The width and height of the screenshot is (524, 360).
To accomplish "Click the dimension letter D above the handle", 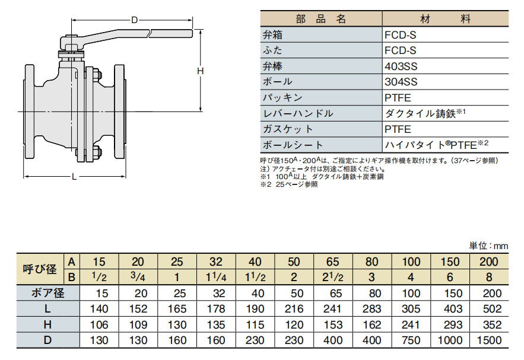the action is tap(134, 20).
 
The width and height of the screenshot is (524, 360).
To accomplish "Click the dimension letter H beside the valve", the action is tap(200, 71).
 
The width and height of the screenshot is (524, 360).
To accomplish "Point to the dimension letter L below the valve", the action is tap(74, 176).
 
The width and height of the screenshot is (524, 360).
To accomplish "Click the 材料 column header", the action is tap(446, 19).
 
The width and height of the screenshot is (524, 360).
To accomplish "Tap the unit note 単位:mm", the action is tap(488, 246).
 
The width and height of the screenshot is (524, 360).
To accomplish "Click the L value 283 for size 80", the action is tap(371, 309).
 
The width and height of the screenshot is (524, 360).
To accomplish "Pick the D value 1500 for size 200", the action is tap(489, 340).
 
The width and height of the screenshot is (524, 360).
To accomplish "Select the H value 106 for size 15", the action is tap(99, 324).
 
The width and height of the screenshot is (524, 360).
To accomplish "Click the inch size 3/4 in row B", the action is tap(138, 277).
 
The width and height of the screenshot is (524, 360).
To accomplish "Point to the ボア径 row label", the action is tap(48, 293).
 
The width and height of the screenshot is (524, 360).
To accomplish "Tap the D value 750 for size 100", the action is tap(411, 340).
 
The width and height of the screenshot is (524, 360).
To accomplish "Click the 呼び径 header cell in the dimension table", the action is tap(40, 269).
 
